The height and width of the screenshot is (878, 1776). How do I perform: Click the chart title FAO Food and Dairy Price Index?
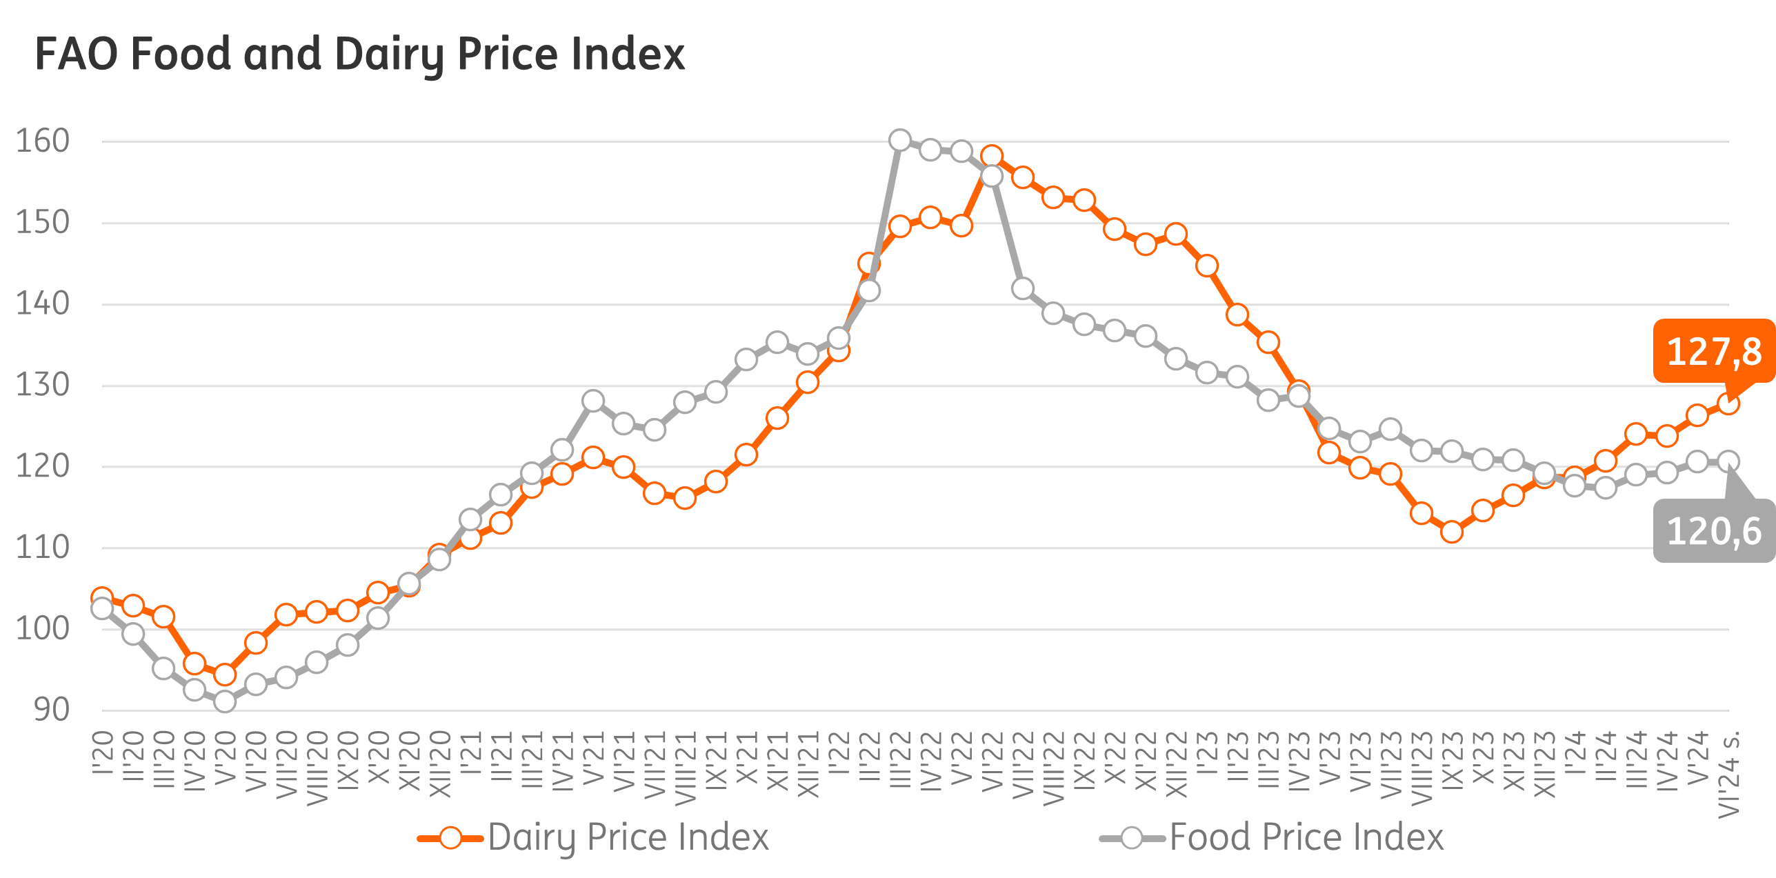pos(359,55)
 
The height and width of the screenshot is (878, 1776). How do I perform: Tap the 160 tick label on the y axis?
pos(43,141)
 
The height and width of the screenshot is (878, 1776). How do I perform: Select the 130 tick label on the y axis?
pos(43,386)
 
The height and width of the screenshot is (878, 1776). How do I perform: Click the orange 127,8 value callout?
pos(1713,352)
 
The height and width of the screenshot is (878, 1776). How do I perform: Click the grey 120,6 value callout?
pos(1713,531)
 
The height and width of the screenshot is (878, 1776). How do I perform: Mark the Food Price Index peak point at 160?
pos(899,141)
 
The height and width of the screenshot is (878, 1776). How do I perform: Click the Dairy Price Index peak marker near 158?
pos(992,156)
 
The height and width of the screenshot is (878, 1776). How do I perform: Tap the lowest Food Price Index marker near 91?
pos(225,701)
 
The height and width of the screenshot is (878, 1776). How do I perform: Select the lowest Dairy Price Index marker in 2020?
pos(225,674)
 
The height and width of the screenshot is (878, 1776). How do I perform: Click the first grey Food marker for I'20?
pos(102,608)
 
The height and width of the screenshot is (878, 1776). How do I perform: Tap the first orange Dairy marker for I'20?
pos(102,597)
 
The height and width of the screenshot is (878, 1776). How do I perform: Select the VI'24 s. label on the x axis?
pos(1728,773)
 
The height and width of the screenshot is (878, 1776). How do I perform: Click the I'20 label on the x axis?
pos(102,753)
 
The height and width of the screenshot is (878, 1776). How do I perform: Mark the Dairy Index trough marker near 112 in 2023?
pos(1452,532)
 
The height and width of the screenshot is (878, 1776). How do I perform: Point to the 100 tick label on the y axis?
pos(43,629)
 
